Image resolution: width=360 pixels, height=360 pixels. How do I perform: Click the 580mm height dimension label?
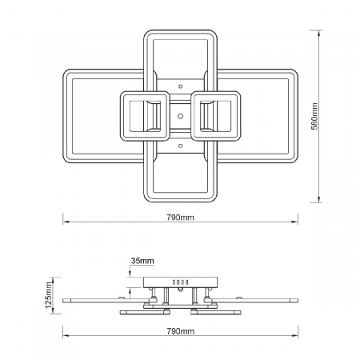click(315, 116)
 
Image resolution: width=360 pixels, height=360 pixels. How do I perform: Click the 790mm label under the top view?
click(181, 218)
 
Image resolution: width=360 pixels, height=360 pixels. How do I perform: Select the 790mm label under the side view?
click(181, 331)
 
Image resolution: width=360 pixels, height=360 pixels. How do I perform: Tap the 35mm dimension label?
click(142, 261)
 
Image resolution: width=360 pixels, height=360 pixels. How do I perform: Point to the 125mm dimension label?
click(49, 295)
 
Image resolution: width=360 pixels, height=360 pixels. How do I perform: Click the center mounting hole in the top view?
click(181, 116)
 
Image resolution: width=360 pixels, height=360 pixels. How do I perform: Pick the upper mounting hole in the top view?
click(181, 86)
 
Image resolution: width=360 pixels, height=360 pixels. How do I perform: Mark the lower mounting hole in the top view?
click(181, 146)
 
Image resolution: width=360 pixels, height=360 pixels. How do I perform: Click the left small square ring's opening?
click(145, 116)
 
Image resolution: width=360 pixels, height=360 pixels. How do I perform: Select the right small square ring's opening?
click(216, 116)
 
